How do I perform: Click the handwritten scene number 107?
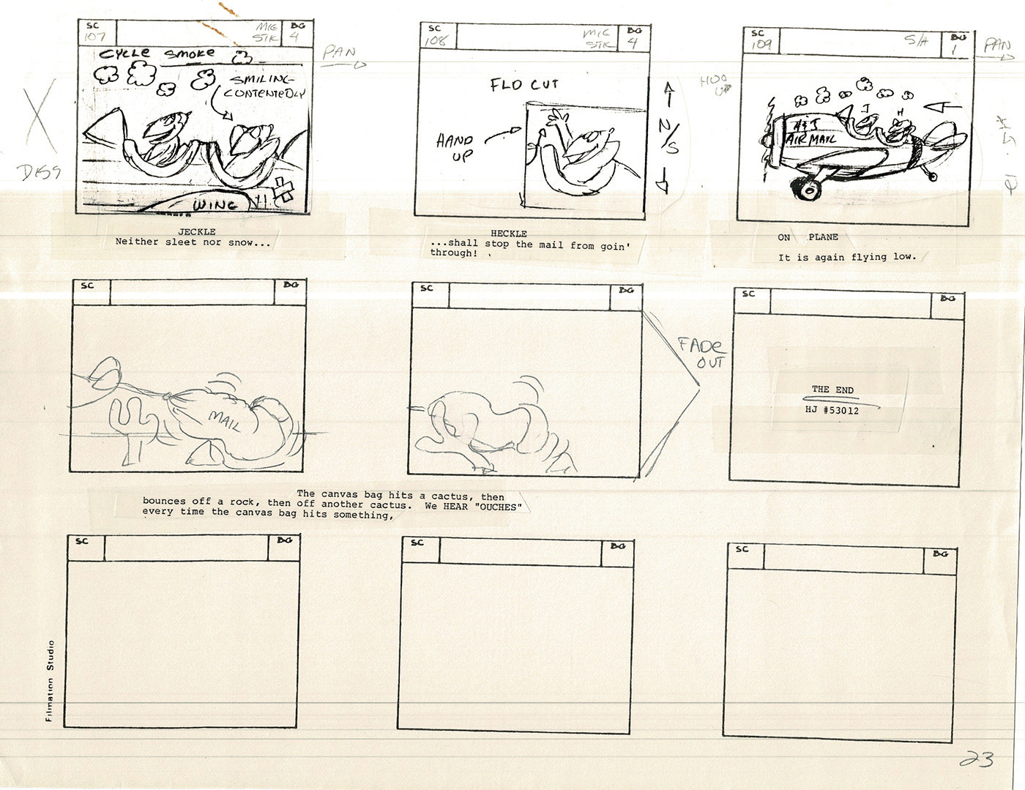click(95, 37)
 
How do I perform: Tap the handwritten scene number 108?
click(436, 40)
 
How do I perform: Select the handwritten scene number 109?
click(759, 45)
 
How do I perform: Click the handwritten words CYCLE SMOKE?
click(157, 53)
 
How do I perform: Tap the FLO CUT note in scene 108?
click(524, 85)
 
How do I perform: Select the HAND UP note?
click(455, 146)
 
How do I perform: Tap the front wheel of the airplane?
click(810, 190)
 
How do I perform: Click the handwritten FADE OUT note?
click(700, 353)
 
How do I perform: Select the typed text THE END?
click(832, 390)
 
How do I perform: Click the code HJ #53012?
click(832, 411)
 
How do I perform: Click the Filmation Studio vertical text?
click(50, 681)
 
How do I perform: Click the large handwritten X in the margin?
click(42, 121)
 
